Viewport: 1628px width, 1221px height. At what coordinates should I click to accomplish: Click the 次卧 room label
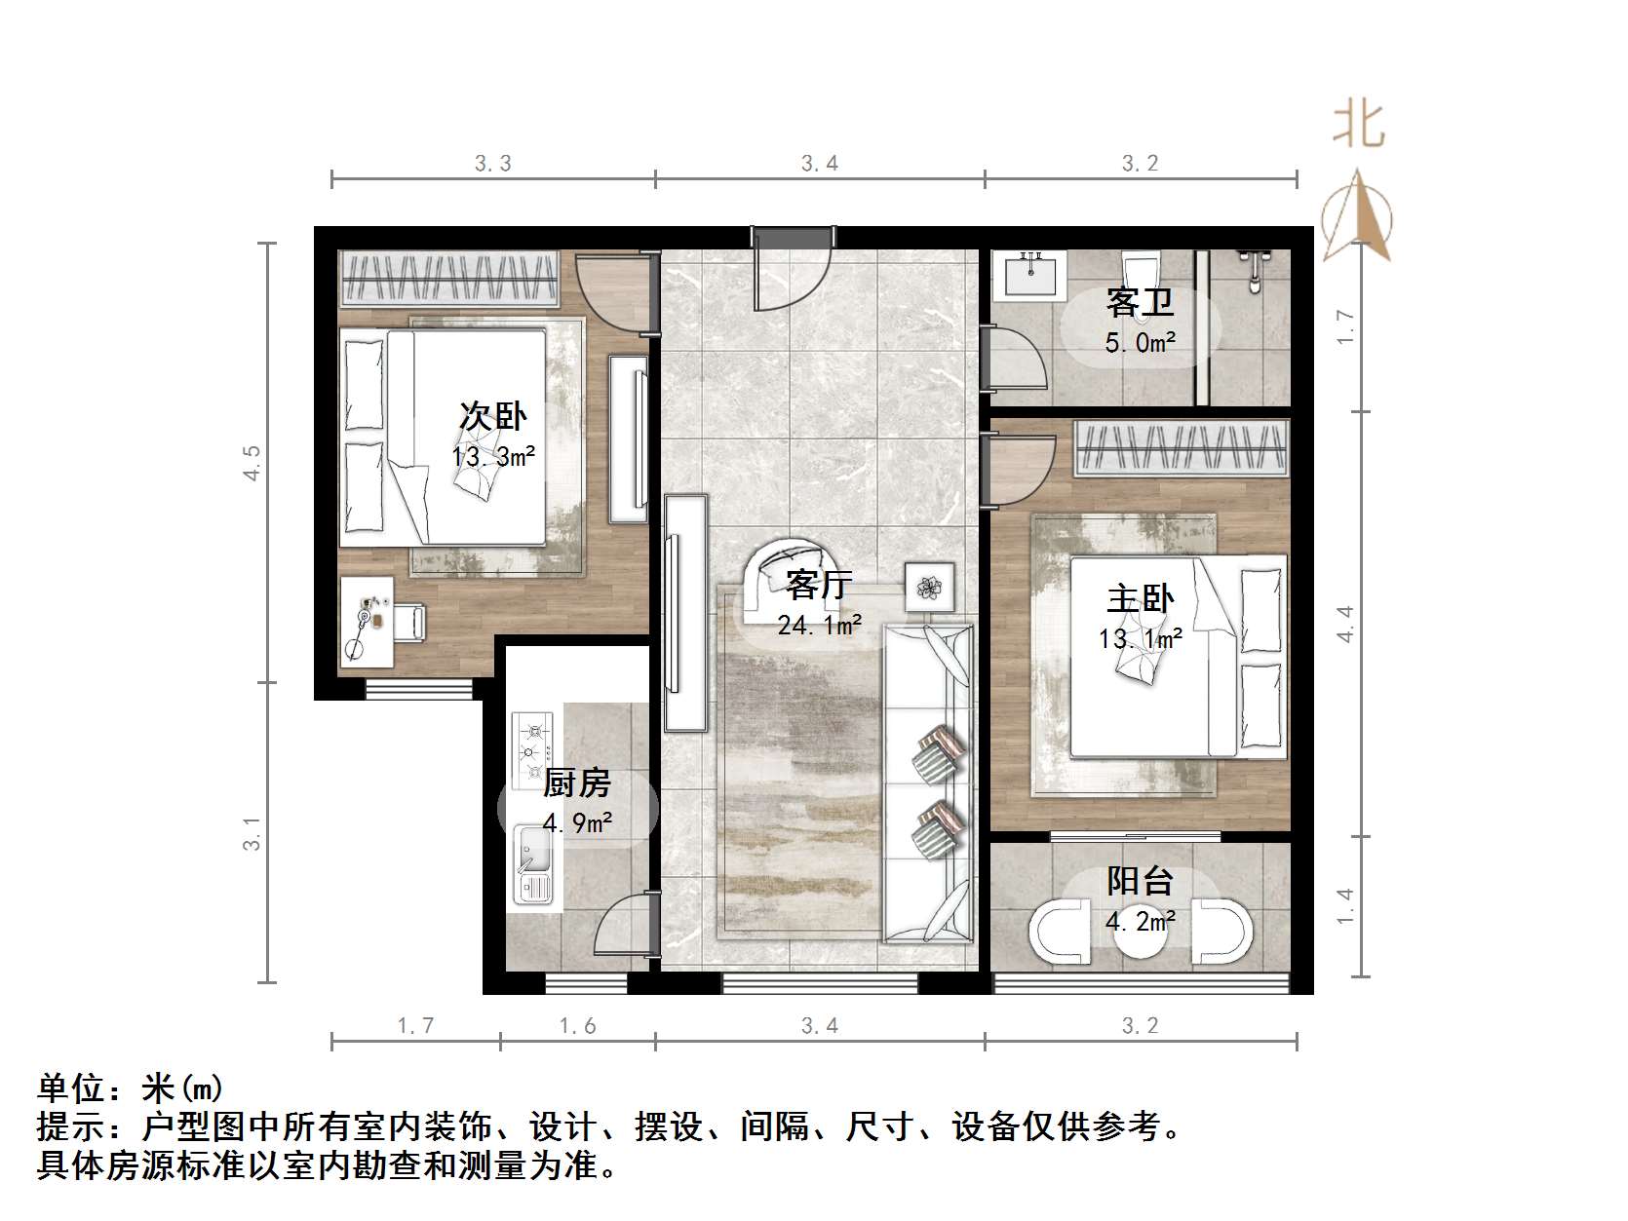click(492, 417)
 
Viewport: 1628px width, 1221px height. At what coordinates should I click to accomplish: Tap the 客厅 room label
click(819, 585)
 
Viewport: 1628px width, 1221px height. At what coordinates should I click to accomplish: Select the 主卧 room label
click(1140, 598)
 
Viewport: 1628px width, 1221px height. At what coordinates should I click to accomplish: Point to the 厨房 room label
click(577, 782)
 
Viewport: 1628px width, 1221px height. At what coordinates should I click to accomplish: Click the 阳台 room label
click(1140, 881)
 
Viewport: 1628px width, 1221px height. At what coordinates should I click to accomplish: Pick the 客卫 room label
click(1140, 303)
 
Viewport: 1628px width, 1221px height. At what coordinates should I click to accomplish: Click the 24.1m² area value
click(819, 625)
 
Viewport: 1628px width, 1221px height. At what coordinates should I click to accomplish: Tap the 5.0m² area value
click(1140, 343)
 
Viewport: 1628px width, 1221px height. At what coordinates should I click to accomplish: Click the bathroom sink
click(1029, 274)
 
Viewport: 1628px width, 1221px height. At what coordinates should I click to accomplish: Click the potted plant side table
click(928, 586)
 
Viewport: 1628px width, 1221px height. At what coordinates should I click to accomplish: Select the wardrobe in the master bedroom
click(1181, 448)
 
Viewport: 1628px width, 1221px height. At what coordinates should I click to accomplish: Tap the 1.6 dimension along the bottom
click(577, 1026)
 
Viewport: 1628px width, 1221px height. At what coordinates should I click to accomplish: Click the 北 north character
click(1358, 126)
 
